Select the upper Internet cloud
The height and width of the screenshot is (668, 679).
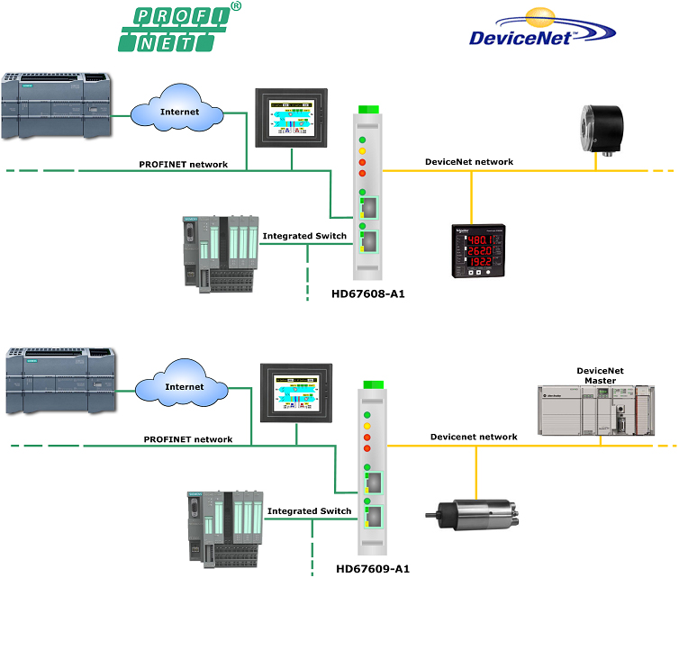tap(177, 112)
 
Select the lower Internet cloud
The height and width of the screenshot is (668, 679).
tap(183, 386)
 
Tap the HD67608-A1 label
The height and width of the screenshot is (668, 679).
tap(367, 293)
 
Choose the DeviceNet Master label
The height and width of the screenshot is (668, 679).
tap(600, 375)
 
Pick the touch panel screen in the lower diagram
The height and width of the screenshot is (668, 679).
tap(295, 392)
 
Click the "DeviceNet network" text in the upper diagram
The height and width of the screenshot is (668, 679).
tap(469, 162)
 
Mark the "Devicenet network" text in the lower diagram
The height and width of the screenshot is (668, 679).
tap(474, 437)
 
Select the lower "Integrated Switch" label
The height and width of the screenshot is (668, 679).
tap(309, 510)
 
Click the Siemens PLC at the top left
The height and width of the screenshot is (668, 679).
tap(56, 104)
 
